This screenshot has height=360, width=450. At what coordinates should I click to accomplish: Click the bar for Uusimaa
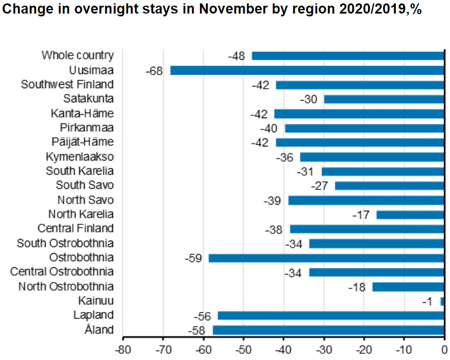[x=307, y=70]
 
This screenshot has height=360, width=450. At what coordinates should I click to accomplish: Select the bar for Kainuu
[x=442, y=301]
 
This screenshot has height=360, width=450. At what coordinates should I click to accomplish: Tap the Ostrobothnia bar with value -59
[x=326, y=258]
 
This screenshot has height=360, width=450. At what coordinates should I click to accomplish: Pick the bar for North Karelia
[x=410, y=215]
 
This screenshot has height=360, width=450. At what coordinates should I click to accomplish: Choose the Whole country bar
[x=348, y=55]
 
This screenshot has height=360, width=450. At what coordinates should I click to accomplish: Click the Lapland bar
[x=331, y=315]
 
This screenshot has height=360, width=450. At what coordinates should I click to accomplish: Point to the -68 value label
[x=154, y=71]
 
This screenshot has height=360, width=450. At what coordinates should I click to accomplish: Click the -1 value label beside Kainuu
[x=427, y=301]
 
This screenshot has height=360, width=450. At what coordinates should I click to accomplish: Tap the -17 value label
[x=361, y=215]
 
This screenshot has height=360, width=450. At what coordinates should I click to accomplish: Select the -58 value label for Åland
[x=197, y=330]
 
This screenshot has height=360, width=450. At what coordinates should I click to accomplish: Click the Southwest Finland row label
[x=67, y=84]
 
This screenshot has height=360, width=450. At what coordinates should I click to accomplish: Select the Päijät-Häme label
[x=82, y=142]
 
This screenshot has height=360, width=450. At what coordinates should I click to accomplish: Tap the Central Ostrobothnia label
[x=62, y=272]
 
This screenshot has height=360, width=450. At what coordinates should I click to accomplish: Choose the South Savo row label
[x=85, y=185]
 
